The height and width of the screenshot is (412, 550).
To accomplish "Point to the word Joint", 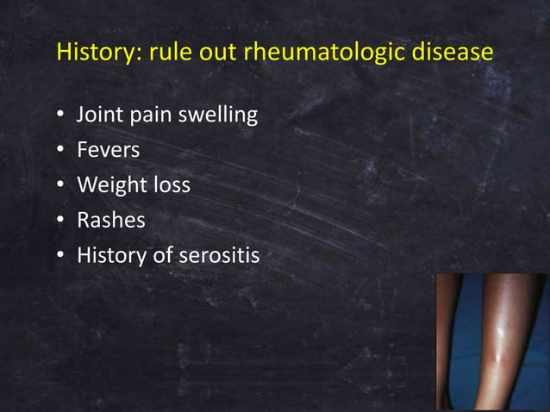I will point(99,115).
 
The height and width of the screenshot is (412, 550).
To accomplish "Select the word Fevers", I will point(109,150).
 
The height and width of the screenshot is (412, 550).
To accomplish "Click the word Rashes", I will point(111,221).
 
